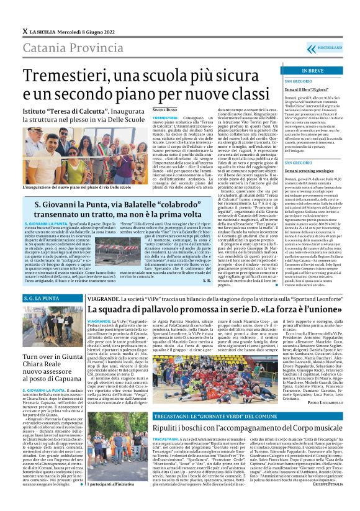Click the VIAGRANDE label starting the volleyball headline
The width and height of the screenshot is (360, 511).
108,298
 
